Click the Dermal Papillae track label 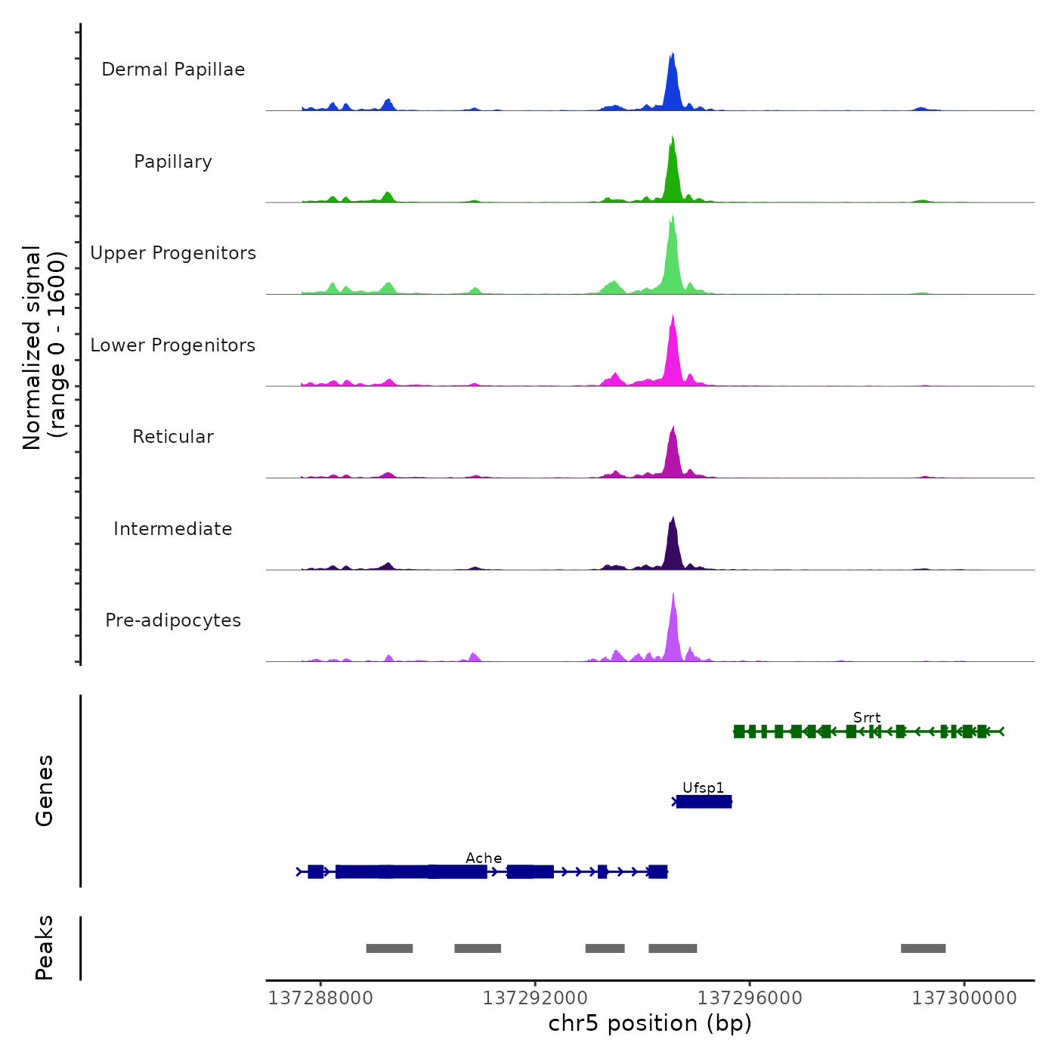(x=173, y=70)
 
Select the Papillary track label (x=173, y=162)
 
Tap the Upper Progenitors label (x=173, y=253)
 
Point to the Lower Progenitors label (x=173, y=345)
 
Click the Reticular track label (x=173, y=437)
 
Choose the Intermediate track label (x=173, y=529)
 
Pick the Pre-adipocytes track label (x=173, y=620)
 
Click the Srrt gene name (x=867, y=718)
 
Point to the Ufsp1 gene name (x=703, y=788)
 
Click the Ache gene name (x=484, y=858)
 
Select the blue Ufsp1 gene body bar (x=704, y=802)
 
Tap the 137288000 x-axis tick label (x=320, y=998)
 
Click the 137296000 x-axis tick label (x=750, y=998)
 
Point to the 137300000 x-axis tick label (x=964, y=998)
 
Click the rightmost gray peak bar (x=923, y=948)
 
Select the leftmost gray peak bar (x=389, y=948)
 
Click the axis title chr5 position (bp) (x=650, y=1024)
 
